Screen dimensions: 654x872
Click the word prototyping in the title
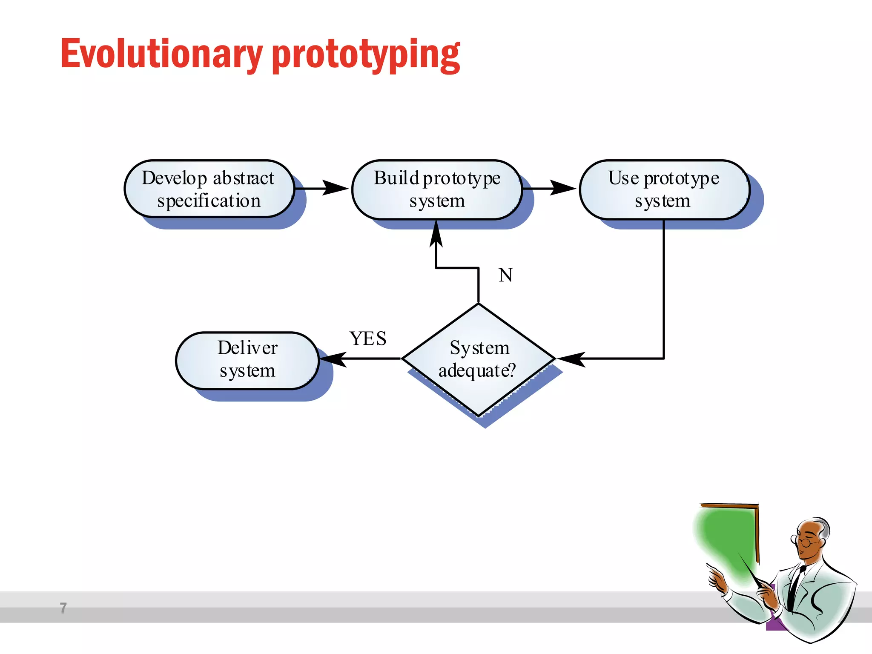366,55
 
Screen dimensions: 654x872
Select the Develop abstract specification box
209,189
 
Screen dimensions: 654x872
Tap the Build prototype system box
437,189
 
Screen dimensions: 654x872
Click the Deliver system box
247,360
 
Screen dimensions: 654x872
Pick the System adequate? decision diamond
478,359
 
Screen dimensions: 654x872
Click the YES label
368,339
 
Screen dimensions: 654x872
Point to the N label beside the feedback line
505,275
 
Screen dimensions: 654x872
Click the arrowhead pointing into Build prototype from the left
336,188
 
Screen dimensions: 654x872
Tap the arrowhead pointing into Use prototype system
563,188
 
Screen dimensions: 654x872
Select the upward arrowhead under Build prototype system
436,235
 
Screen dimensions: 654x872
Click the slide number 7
63,608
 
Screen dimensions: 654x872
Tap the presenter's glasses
804,542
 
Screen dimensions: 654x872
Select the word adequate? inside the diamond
477,370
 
